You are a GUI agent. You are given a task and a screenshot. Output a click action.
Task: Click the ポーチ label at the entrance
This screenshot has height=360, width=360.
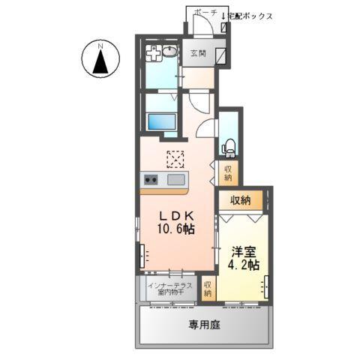point(204,13)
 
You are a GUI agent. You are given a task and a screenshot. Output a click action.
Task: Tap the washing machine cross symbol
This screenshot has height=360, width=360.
point(154,55)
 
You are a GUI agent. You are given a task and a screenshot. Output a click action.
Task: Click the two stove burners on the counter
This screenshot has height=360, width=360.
point(149,180)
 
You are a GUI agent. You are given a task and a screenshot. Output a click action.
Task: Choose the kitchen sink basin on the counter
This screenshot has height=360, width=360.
point(177,180)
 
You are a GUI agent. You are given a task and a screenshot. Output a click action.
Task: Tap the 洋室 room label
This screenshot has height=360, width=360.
point(243,252)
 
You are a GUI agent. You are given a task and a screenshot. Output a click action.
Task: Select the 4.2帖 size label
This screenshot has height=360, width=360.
point(243,266)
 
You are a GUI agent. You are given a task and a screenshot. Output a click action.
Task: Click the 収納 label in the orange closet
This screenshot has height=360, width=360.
point(241,200)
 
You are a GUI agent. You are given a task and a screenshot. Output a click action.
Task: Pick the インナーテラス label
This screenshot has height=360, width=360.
point(170,286)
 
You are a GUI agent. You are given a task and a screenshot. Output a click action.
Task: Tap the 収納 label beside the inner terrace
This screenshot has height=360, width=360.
point(208,288)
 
